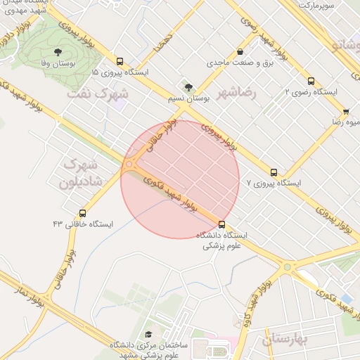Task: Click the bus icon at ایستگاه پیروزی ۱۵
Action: [x=120, y=62]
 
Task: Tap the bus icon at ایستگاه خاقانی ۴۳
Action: [x=83, y=213]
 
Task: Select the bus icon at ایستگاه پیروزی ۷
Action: [x=274, y=172]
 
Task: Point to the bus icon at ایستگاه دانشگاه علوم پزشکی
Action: [x=222, y=224]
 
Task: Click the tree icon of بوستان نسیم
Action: [x=187, y=86]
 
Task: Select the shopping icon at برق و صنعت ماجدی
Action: [x=240, y=51]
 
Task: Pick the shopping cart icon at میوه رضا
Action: [x=346, y=111]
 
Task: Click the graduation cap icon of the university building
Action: [x=148, y=335]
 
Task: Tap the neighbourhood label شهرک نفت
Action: [x=99, y=93]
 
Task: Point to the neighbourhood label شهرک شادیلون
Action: [x=83, y=173]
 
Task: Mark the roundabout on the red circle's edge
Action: [x=129, y=165]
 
